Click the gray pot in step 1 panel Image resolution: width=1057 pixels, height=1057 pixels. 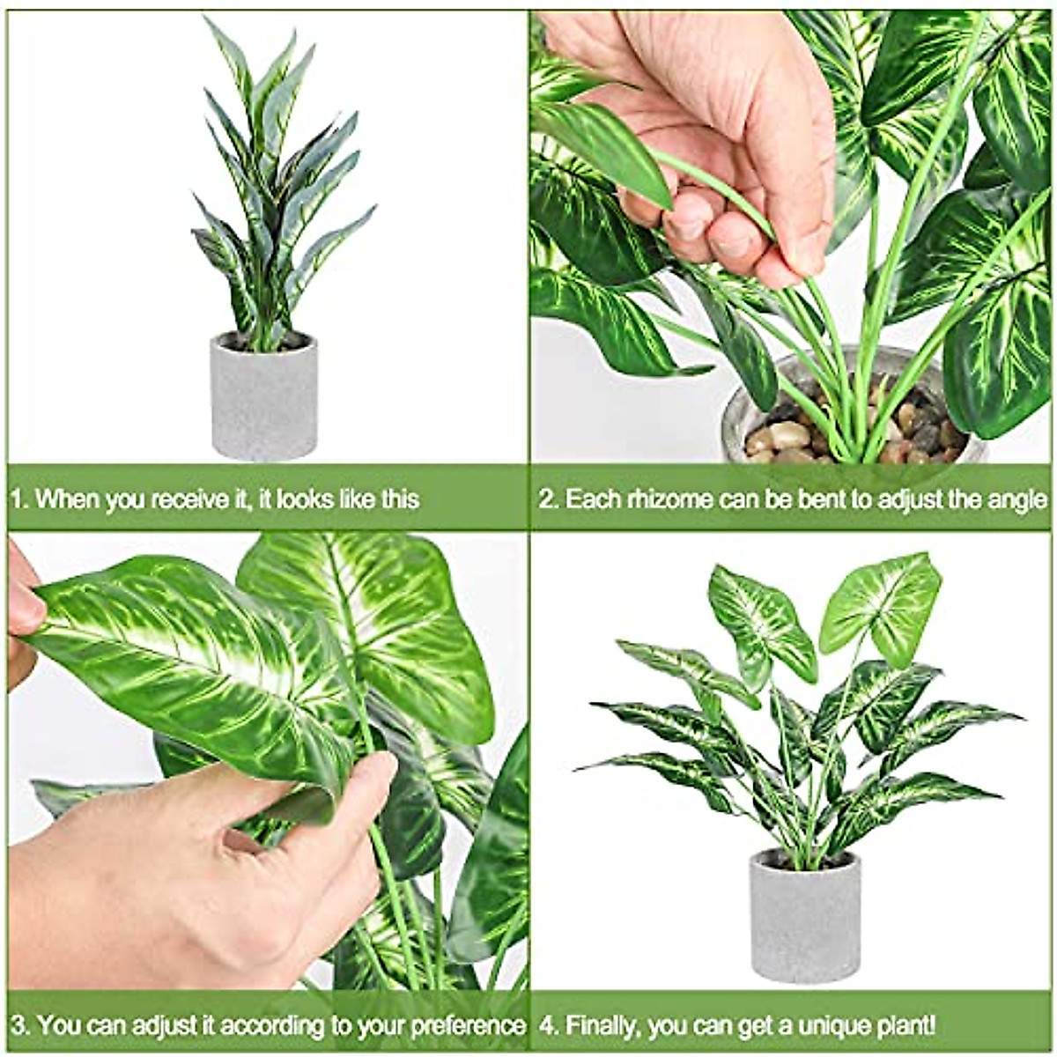point(263,396)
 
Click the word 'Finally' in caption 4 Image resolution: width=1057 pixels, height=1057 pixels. point(601,1026)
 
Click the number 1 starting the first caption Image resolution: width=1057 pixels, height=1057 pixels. point(17,499)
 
